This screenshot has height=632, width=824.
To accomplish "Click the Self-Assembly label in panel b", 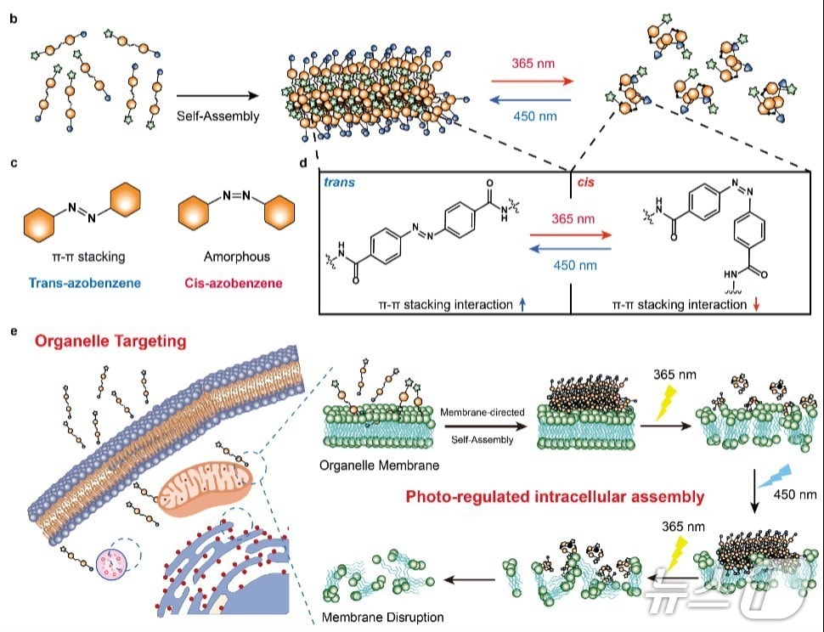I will click(x=217, y=116).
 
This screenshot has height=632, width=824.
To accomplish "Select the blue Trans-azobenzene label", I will click(x=78, y=279).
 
